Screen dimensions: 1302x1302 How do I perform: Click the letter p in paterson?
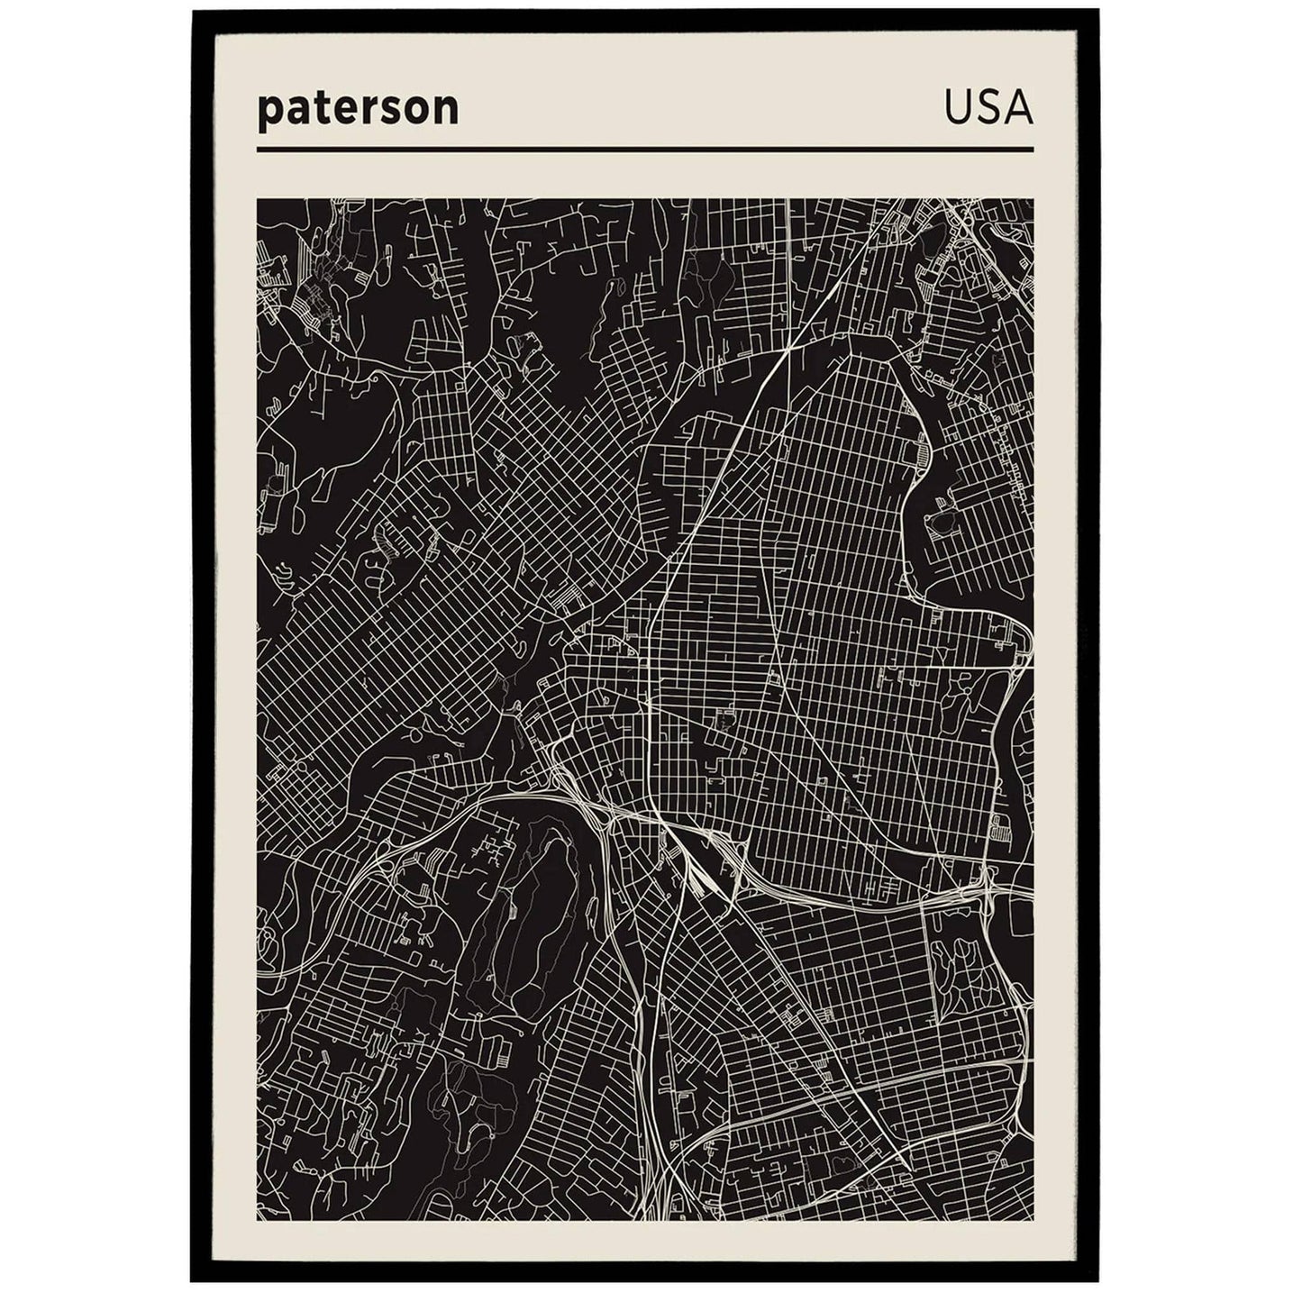269,111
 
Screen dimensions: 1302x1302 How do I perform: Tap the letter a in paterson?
295,108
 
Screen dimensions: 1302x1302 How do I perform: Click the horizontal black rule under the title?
644,149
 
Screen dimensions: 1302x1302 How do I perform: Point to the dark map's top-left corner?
259,200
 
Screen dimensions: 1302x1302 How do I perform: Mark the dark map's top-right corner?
1032,200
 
